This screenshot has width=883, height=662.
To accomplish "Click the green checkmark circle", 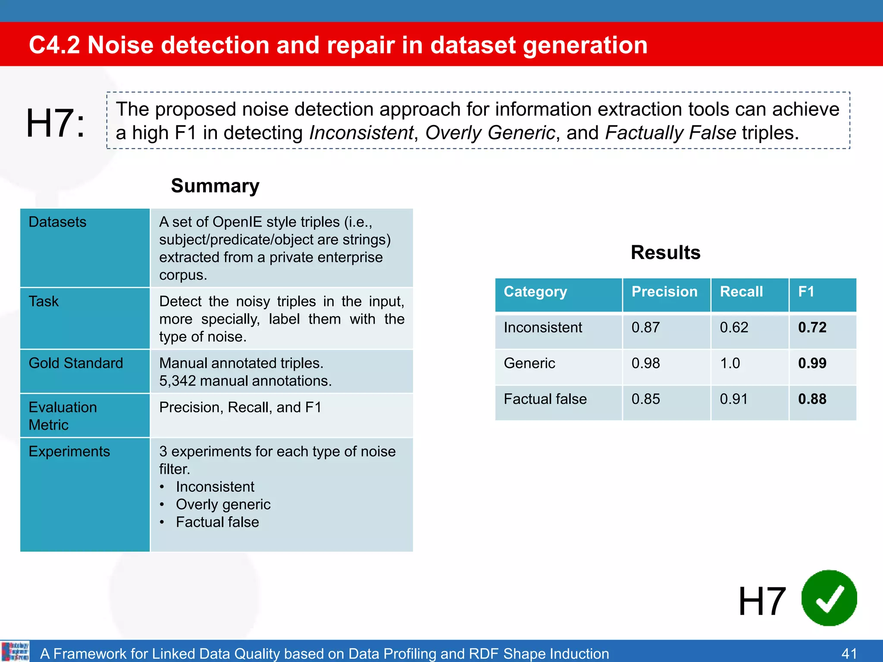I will [x=829, y=598].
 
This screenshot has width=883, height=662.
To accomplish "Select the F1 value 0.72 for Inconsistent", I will [x=812, y=328].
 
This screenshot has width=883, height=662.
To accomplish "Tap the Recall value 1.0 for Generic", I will [x=730, y=363].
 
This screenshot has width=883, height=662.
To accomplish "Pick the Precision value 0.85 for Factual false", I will [x=645, y=399].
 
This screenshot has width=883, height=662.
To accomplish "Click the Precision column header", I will [x=664, y=292].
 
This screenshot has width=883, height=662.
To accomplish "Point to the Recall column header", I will [x=741, y=292].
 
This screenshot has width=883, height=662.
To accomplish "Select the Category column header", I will [x=535, y=292].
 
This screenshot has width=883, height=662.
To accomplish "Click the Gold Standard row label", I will [x=76, y=363].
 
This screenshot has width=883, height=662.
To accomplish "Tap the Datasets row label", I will [x=57, y=222].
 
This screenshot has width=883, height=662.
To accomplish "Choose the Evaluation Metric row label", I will [x=63, y=416].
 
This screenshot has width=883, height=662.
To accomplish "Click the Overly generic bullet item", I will [x=223, y=504].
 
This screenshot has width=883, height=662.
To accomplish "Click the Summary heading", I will [x=215, y=186].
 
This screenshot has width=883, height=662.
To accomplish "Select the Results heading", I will [x=665, y=253].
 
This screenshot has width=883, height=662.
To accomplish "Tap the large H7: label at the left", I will [x=55, y=124].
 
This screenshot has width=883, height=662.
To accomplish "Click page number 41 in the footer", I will [x=849, y=653].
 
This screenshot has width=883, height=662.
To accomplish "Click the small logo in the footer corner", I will [x=16, y=651].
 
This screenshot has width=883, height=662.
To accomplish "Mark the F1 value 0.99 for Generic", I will [x=812, y=363].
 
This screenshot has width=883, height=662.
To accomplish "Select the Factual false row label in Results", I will [x=545, y=399].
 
